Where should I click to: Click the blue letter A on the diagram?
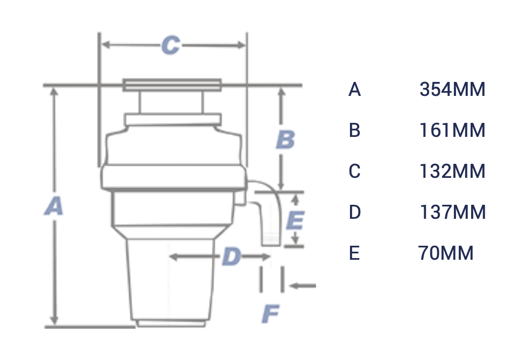coord(54,206)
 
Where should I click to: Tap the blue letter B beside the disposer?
coord(285,140)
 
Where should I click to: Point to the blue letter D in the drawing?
coord(231,257)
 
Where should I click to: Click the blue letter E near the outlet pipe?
coord(295,220)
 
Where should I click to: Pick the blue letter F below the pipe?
coord(271,314)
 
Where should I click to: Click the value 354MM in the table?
coord(452,89)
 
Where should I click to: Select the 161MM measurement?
coord(452,130)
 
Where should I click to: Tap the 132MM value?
coord(452,171)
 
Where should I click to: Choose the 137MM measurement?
coord(452,212)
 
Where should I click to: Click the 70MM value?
coord(446,253)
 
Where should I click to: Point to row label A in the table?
coord(354,89)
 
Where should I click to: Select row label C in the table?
coord(354,171)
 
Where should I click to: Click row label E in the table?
coord(354,253)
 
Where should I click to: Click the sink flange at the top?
coord(172,85)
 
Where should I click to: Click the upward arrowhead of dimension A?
coord(53,93)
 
